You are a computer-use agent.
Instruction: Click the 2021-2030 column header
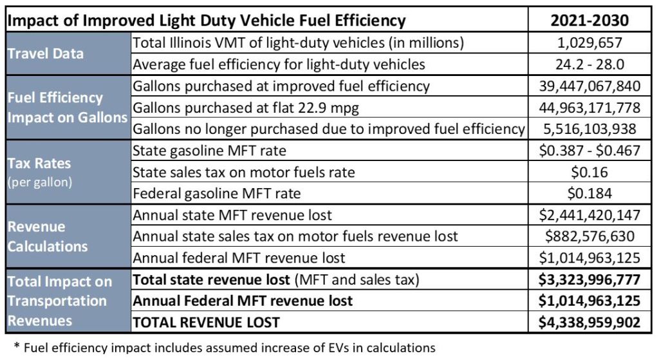(x=589, y=20)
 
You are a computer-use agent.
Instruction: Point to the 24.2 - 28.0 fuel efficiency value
(x=589, y=64)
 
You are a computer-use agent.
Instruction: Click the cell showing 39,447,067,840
(x=589, y=86)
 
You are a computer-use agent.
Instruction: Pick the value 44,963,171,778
(x=589, y=107)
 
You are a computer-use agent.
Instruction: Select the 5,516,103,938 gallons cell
(x=589, y=128)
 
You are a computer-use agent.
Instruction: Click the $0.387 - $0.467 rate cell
(x=589, y=150)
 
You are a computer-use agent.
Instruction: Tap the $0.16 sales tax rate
(x=589, y=172)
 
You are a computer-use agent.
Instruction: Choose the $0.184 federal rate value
(x=589, y=193)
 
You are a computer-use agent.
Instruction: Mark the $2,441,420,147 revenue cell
(x=589, y=214)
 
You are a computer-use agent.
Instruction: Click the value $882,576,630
(x=589, y=236)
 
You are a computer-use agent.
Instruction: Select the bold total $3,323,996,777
(x=589, y=279)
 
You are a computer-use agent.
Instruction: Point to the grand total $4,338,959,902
(x=589, y=321)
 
